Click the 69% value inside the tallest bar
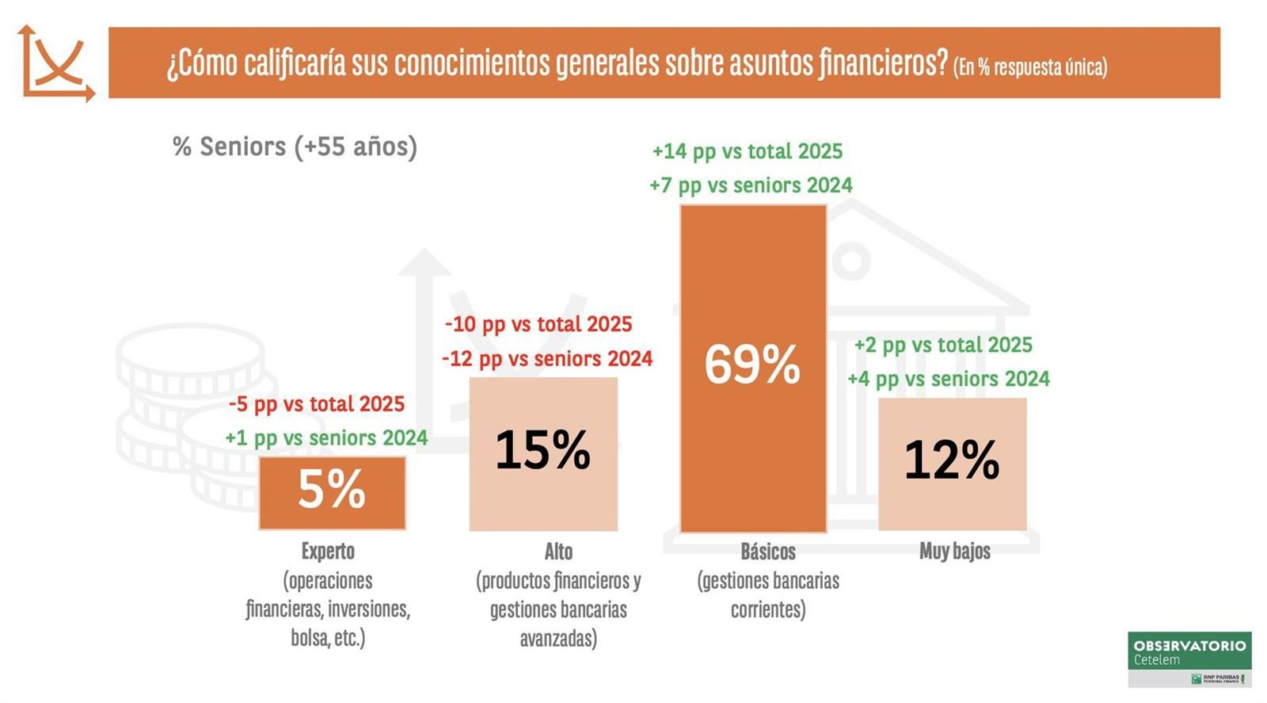point(752,365)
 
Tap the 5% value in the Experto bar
point(332,490)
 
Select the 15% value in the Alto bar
point(543,450)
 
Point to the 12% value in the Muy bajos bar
point(952,460)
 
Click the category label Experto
point(328,551)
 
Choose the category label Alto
point(558,551)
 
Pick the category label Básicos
point(768,551)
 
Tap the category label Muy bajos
point(954,551)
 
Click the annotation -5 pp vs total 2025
point(317,404)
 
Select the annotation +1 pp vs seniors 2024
point(326,438)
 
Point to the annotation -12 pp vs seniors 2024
point(547,359)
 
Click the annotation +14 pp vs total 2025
point(748,151)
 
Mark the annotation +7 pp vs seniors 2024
point(751,185)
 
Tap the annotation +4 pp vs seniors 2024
point(949,379)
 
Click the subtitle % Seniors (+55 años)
point(295,147)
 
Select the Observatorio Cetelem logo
point(1189,659)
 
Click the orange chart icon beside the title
point(55,63)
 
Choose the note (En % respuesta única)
point(1030,67)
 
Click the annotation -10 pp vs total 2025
point(538,324)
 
